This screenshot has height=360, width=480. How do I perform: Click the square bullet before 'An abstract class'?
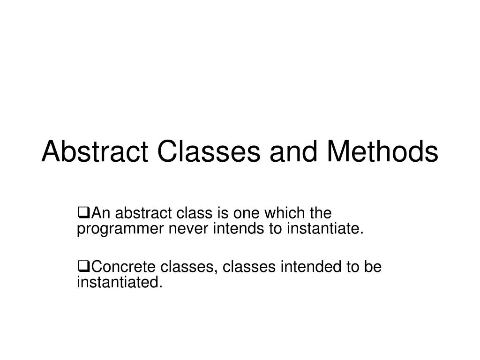83,214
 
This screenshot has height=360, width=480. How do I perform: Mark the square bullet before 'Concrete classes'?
83,268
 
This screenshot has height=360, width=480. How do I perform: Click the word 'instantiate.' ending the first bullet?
323,230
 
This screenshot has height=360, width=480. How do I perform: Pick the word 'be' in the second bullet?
374,268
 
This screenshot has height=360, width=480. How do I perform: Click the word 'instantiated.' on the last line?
119,283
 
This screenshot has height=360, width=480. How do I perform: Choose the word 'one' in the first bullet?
247,214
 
